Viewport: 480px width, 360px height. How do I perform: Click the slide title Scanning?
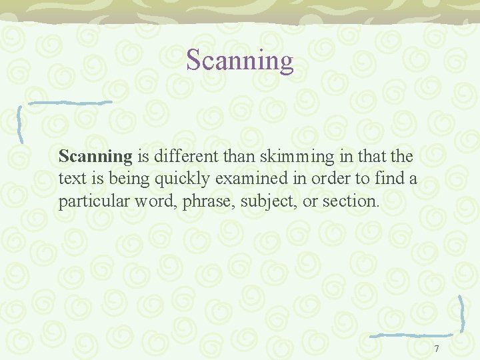[240, 60]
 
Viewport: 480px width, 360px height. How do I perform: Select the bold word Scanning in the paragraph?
[96, 157]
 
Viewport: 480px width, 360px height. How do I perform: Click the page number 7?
[437, 349]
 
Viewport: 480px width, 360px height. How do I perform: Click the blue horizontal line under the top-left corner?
[63, 103]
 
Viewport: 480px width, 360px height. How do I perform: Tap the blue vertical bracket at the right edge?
[461, 313]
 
